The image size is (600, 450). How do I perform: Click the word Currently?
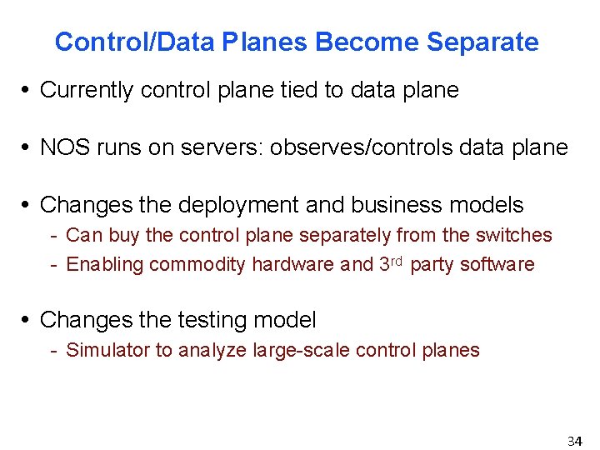pos(87,90)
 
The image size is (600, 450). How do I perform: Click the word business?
pos(404,204)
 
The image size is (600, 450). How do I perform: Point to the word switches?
pos(517,235)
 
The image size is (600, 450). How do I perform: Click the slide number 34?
pos(574,440)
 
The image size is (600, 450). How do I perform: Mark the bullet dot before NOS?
pos(29,148)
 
